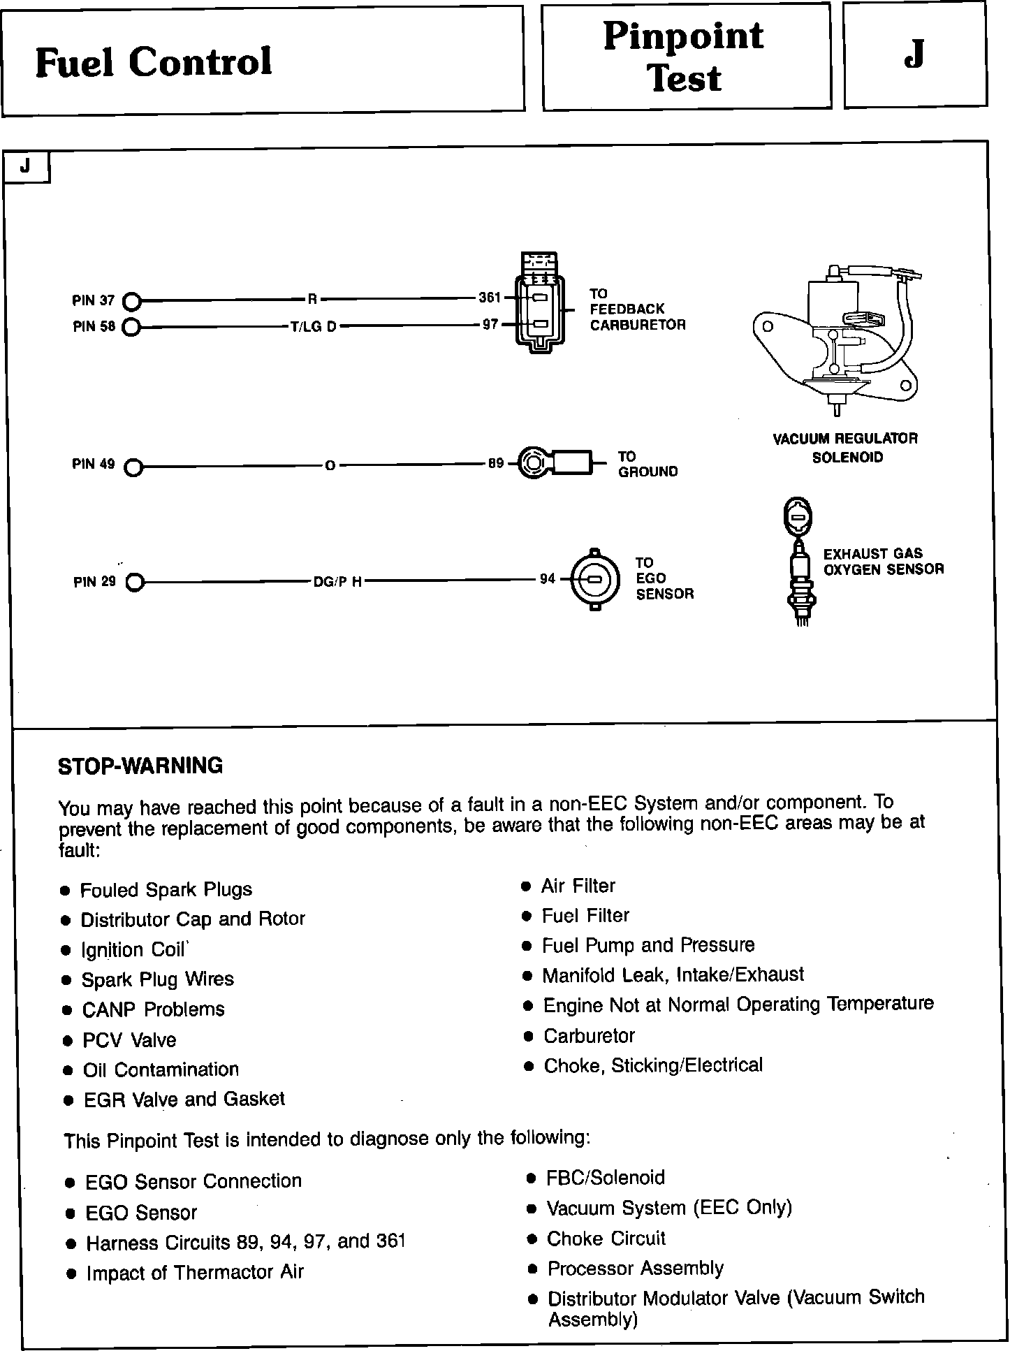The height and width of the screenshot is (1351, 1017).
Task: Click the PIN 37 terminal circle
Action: pyautogui.click(x=132, y=301)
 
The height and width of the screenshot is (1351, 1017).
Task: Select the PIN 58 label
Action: pyautogui.click(x=94, y=326)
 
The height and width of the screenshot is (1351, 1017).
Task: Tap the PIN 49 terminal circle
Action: pyautogui.click(x=133, y=467)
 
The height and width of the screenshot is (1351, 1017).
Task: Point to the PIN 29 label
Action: pyautogui.click(x=94, y=582)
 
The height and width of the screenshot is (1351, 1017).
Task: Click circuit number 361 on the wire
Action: pyautogui.click(x=490, y=298)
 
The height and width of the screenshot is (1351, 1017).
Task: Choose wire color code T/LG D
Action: pyautogui.click(x=314, y=326)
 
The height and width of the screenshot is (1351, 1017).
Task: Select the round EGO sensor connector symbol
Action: pyautogui.click(x=594, y=579)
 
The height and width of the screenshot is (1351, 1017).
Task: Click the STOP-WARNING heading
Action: pyautogui.click(x=140, y=766)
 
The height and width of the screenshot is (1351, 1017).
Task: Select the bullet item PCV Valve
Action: pyautogui.click(x=129, y=1040)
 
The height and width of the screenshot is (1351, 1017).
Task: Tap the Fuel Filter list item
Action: pyautogui.click(x=585, y=916)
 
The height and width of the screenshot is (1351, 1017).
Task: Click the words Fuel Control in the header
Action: pyautogui.click(x=154, y=61)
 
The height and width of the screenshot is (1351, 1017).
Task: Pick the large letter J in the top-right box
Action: pyautogui.click(x=914, y=54)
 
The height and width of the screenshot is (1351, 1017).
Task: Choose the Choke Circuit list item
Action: pyautogui.click(x=606, y=1239)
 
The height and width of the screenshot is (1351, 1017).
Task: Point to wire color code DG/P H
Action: pyautogui.click(x=337, y=582)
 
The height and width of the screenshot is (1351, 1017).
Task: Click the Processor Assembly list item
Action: pyautogui.click(x=635, y=1268)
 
